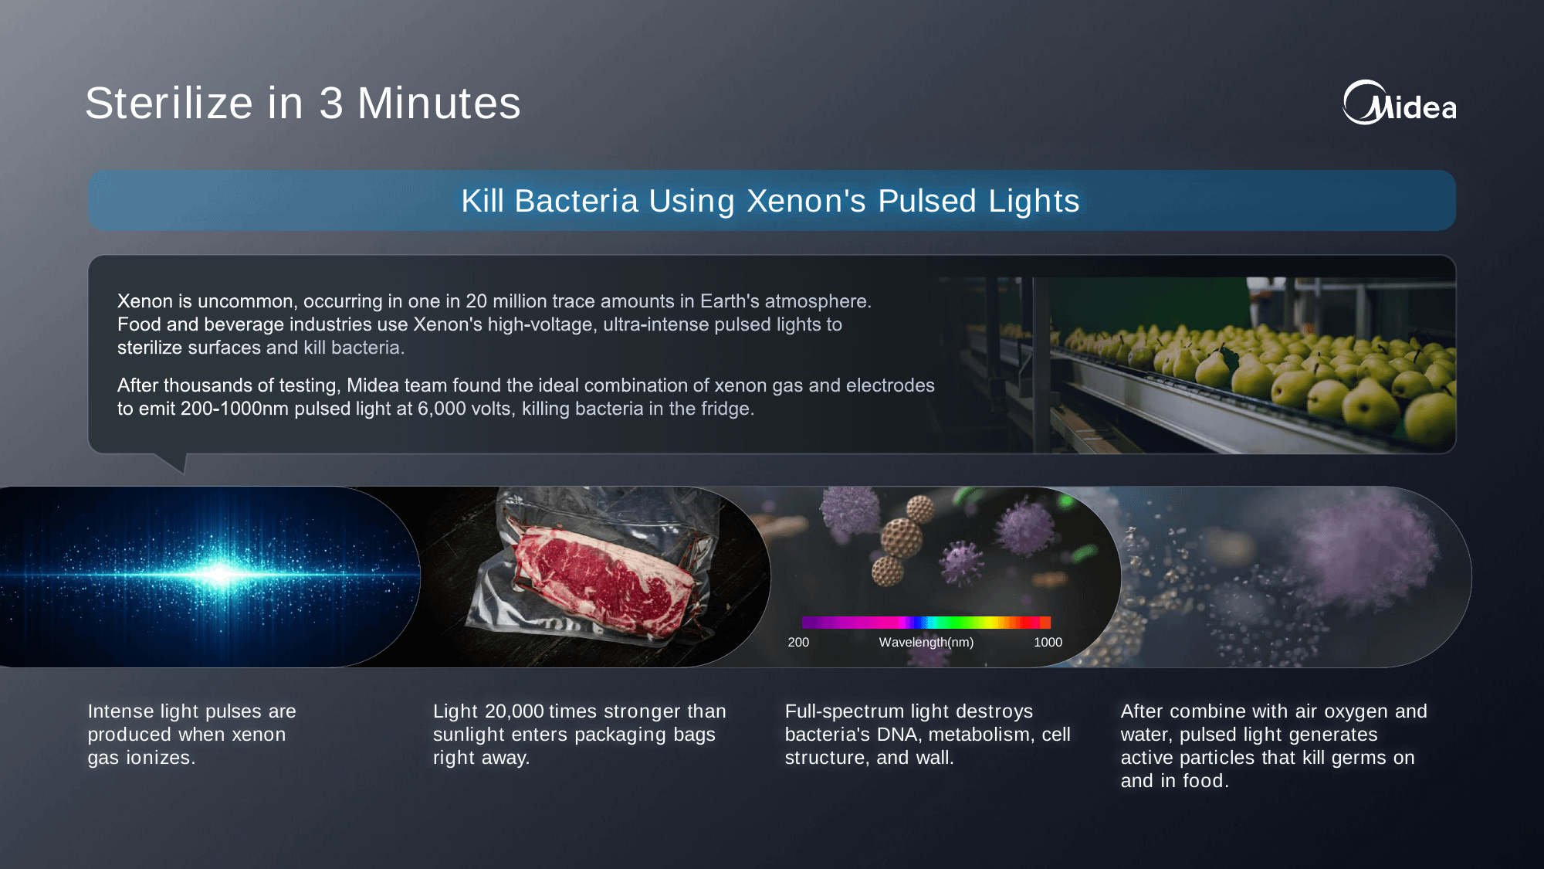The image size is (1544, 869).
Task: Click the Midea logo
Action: (x=1399, y=103)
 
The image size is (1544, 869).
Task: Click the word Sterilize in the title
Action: (x=169, y=104)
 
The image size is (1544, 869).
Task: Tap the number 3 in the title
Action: (x=331, y=104)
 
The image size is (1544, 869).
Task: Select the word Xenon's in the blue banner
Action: (x=807, y=201)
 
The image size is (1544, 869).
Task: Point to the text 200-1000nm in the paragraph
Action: (x=235, y=409)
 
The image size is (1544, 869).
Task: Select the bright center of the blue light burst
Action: (x=221, y=574)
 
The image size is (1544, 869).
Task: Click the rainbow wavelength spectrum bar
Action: (x=926, y=623)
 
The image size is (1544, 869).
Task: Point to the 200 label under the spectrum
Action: (x=798, y=643)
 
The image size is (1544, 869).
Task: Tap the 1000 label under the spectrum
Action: (x=1048, y=643)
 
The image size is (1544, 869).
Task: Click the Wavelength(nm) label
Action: (x=926, y=643)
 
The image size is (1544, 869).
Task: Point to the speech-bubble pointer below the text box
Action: (x=174, y=462)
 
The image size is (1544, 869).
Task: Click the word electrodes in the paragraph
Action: (x=891, y=385)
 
